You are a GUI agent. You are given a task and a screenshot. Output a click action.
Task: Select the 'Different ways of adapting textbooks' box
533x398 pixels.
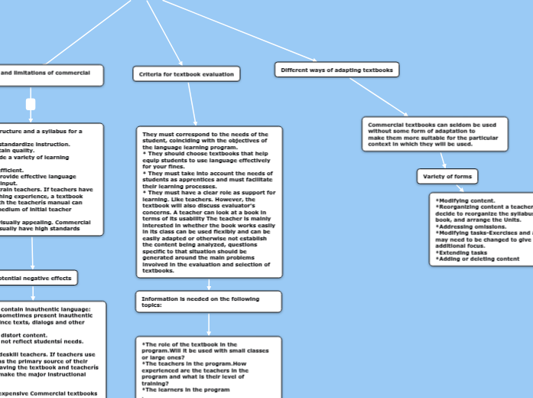[x=336, y=70]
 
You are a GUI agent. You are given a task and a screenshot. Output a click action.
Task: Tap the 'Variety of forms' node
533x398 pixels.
[x=447, y=177]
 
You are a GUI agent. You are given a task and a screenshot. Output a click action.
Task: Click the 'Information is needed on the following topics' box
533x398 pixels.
[x=209, y=300]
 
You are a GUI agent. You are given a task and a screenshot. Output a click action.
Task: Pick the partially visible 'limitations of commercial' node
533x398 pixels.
[x=50, y=75]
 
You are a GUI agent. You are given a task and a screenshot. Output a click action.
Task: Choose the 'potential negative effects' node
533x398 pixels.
[x=38, y=278]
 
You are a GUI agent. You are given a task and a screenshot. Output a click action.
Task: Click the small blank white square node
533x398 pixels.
[x=31, y=103]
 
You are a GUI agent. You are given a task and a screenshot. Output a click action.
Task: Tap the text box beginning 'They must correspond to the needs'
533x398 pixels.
[x=209, y=202]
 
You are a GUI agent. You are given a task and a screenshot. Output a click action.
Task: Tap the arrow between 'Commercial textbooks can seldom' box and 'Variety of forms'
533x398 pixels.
[x=443, y=161]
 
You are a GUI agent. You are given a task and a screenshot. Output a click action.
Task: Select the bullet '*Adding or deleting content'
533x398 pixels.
[x=478, y=259]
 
